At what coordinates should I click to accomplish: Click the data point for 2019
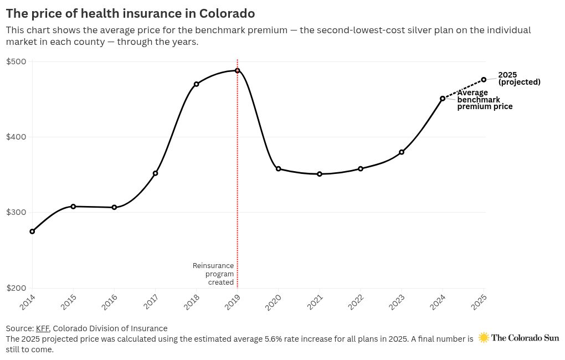click(237, 71)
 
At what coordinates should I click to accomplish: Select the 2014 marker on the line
click(32, 232)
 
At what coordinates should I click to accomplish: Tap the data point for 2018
click(196, 84)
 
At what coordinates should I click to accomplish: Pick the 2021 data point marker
click(320, 174)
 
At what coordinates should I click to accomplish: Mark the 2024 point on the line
click(443, 99)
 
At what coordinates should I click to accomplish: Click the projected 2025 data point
click(484, 80)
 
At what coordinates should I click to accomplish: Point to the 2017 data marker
click(156, 173)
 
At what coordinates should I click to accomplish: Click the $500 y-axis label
click(16, 61)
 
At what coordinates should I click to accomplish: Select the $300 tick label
click(16, 213)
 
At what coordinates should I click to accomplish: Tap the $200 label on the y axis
click(16, 288)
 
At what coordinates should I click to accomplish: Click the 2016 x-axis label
click(110, 302)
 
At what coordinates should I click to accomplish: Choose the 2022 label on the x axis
click(356, 302)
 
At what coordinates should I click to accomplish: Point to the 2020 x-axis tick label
click(274, 302)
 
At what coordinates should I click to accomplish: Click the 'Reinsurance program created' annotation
click(213, 274)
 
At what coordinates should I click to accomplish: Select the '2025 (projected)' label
click(519, 79)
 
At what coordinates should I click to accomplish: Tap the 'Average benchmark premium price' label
click(484, 100)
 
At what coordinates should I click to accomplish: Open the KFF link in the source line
click(42, 328)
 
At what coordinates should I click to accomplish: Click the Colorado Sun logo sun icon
click(484, 337)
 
